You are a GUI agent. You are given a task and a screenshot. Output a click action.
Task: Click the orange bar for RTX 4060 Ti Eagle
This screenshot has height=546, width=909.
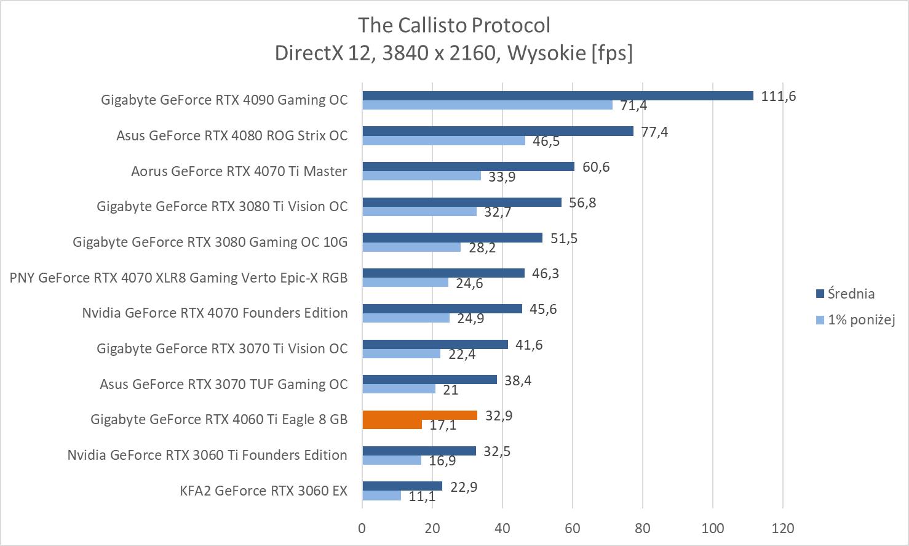(x=419, y=416)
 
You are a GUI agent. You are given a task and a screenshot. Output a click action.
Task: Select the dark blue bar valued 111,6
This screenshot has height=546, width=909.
(x=557, y=95)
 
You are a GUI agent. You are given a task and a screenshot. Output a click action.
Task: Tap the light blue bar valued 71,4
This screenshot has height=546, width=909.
(x=487, y=105)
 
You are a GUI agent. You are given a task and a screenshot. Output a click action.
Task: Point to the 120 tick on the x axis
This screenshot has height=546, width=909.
(x=782, y=528)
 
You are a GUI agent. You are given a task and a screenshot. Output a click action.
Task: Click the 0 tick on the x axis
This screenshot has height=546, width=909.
(x=362, y=528)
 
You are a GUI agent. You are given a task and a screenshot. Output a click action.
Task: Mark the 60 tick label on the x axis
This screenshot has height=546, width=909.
(x=573, y=528)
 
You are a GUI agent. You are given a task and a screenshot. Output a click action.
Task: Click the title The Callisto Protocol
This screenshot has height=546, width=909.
(x=454, y=25)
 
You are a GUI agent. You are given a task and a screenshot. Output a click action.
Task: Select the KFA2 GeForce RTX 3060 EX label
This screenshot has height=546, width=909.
(x=263, y=491)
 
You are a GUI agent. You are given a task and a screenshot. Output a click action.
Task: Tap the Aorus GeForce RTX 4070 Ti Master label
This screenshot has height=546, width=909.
(x=239, y=171)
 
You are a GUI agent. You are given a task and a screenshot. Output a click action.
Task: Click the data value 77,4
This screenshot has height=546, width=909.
(x=654, y=132)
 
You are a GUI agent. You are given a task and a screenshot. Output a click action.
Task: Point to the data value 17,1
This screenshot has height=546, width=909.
(x=443, y=425)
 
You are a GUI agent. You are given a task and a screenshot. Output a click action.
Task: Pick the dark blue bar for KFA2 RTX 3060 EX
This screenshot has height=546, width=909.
(x=402, y=486)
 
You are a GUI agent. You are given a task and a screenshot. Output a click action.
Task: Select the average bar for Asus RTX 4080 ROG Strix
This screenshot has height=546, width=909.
(x=498, y=131)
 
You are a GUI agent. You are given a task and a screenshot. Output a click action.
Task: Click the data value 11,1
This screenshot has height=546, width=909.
(x=422, y=496)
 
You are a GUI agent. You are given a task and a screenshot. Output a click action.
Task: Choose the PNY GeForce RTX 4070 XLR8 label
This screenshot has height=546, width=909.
(x=178, y=278)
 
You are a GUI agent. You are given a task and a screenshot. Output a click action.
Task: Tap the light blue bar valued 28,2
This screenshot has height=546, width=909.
(x=411, y=247)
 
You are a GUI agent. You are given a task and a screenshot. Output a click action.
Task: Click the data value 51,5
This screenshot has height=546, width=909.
(x=563, y=238)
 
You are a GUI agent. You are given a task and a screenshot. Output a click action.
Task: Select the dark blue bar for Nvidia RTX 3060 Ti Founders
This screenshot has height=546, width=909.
(x=419, y=451)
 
